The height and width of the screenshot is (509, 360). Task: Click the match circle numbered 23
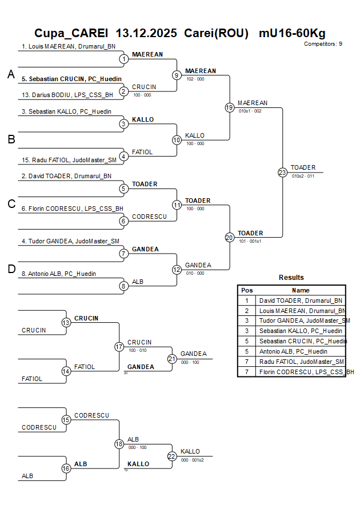click(282, 172)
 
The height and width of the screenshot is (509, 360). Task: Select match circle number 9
click(177, 75)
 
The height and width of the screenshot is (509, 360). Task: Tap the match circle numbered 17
click(119, 346)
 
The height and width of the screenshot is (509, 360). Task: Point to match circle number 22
click(172, 456)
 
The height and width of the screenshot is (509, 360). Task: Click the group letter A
click(11, 74)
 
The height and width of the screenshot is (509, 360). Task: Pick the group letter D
click(11, 270)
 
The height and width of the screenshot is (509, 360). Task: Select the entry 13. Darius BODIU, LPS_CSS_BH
click(67, 95)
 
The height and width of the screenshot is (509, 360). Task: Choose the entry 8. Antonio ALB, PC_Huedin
click(59, 274)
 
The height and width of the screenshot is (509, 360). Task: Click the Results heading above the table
click(291, 278)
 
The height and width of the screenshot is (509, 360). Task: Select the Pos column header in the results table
click(247, 290)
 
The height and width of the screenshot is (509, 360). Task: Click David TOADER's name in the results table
click(301, 300)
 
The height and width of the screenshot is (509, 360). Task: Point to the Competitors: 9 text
click(323, 44)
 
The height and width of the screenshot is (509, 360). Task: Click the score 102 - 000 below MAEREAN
click(195, 79)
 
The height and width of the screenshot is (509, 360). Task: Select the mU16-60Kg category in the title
click(292, 33)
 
